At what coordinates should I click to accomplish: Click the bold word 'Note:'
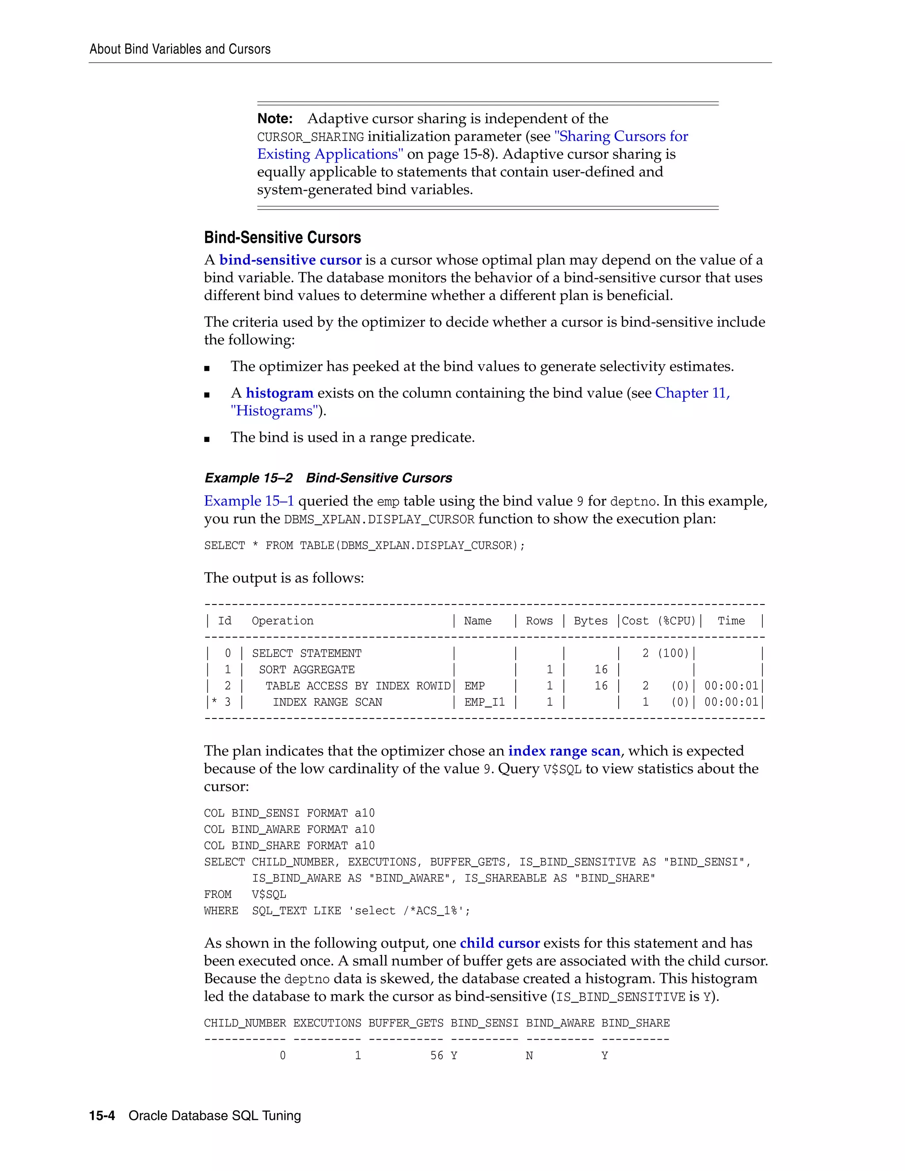pos(274,118)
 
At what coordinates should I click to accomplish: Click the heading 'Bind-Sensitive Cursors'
pos(282,238)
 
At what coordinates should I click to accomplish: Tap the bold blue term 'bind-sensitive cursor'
pos(290,260)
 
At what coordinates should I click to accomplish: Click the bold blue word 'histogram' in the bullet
pos(279,393)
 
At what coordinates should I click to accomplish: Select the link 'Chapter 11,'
pos(692,393)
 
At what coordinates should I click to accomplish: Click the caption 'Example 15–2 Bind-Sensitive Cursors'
pos(328,478)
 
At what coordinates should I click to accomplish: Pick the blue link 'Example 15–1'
pos(249,501)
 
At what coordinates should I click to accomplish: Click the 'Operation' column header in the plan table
pos(282,621)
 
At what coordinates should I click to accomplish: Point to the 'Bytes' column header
pos(590,621)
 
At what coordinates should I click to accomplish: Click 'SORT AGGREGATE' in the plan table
pos(307,669)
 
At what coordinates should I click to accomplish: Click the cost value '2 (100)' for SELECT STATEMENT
pos(665,653)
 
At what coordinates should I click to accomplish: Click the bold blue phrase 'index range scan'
pos(564,751)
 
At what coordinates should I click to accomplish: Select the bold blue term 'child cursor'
pos(499,943)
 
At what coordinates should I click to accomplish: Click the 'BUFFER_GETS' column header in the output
pos(405,1023)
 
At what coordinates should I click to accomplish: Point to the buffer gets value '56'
pos(437,1056)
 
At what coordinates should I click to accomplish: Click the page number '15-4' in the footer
pos(102,1116)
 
